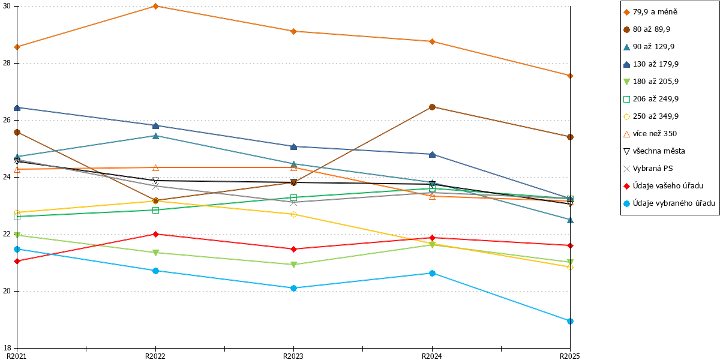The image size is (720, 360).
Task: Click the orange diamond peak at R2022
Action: click(x=155, y=6)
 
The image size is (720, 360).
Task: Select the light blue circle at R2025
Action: click(x=570, y=321)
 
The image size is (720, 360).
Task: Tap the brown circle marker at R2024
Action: click(x=433, y=107)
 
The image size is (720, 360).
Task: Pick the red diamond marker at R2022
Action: click(x=155, y=235)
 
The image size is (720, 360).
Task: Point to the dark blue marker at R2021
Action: click(x=17, y=108)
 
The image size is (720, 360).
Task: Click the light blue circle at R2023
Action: click(x=294, y=289)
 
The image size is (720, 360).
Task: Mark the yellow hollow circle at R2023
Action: click(x=294, y=214)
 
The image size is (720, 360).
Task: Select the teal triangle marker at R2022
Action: click(x=155, y=136)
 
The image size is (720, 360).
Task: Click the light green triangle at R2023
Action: click(x=294, y=265)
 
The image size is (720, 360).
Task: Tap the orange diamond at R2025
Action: click(x=570, y=76)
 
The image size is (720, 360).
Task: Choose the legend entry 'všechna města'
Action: click(x=654, y=151)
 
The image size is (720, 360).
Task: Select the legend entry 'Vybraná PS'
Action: click(x=648, y=169)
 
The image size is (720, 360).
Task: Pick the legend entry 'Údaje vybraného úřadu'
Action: click(x=669, y=203)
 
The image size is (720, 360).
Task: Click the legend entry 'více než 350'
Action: click(x=650, y=134)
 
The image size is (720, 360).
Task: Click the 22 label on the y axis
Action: click(x=7, y=234)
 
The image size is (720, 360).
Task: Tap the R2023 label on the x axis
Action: click(x=293, y=356)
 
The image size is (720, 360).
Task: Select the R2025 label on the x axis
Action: click(x=569, y=356)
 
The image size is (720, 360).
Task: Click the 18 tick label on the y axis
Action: click(x=7, y=348)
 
